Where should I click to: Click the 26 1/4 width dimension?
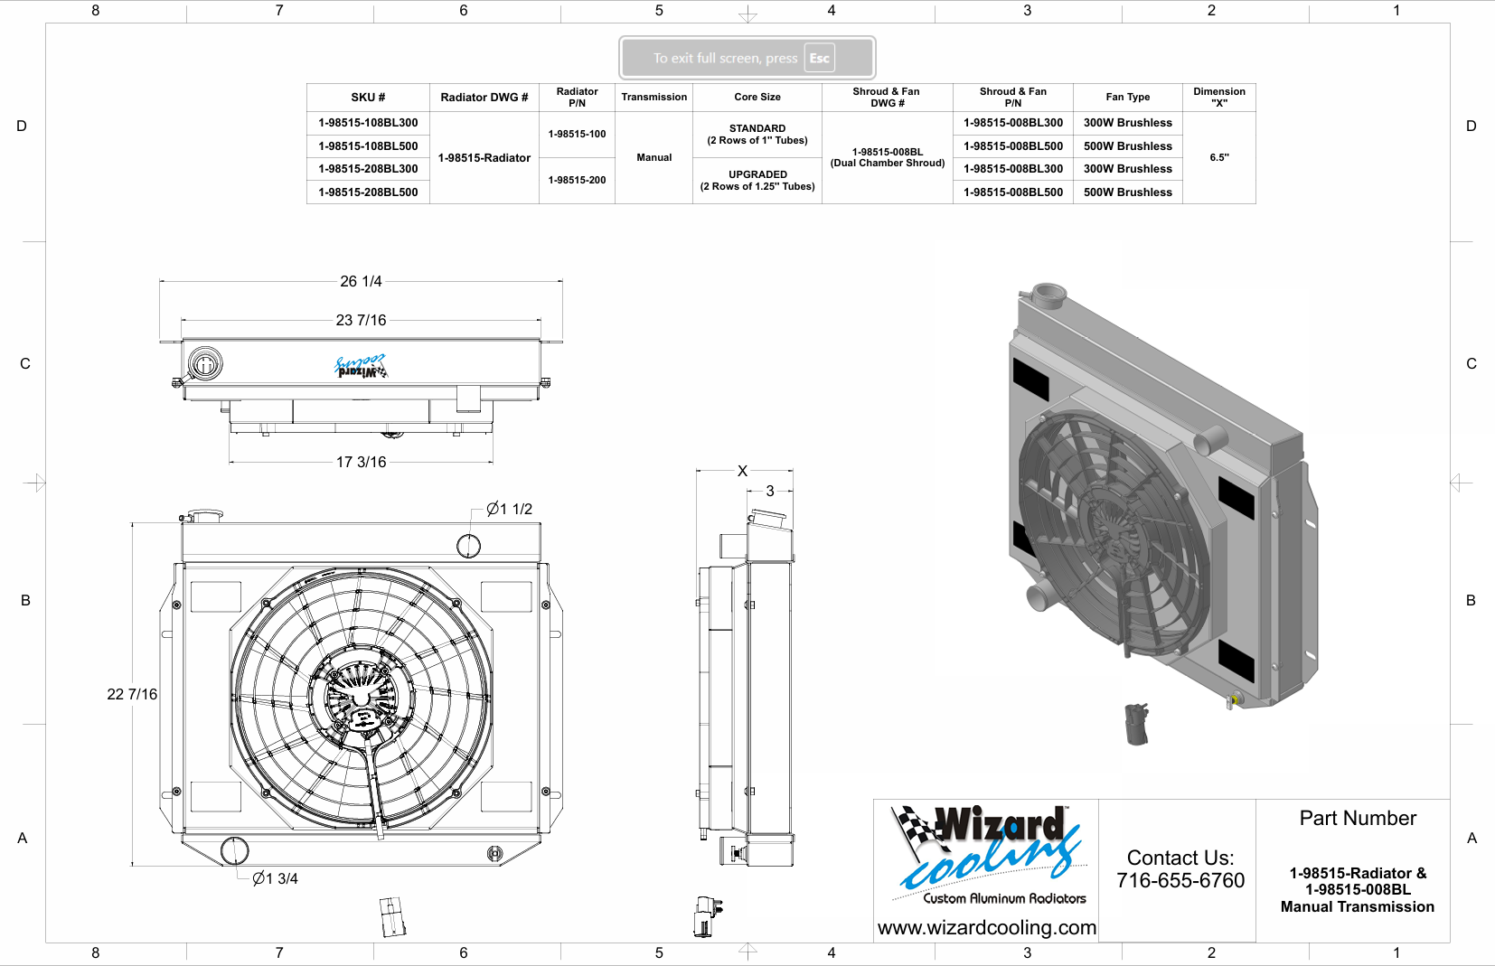[361, 282]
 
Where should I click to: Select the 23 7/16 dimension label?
[361, 320]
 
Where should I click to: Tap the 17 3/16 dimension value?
[361, 462]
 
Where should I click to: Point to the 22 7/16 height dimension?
[132, 695]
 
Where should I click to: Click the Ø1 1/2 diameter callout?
[509, 509]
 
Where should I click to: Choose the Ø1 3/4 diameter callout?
[275, 878]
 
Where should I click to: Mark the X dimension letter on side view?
[742, 471]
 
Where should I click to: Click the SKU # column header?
[368, 98]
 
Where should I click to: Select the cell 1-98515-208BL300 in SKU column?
[368, 169]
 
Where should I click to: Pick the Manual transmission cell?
[654, 157]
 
